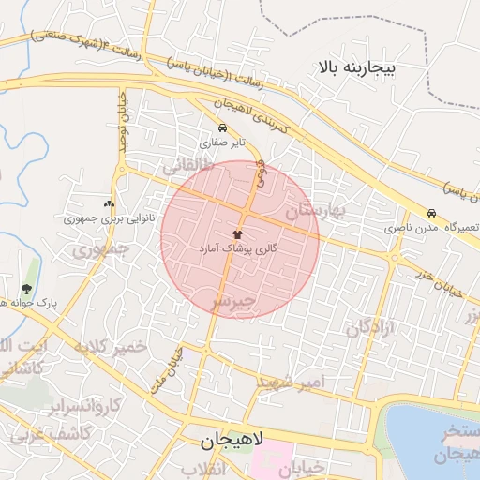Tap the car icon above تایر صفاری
tap(222, 128)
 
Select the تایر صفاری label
tap(222, 144)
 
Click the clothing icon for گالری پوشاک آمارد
tap(238, 233)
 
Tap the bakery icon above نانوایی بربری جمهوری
tap(110, 203)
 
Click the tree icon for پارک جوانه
tap(25, 289)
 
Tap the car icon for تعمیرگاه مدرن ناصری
tap(431, 213)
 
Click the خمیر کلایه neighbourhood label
tap(115, 346)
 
